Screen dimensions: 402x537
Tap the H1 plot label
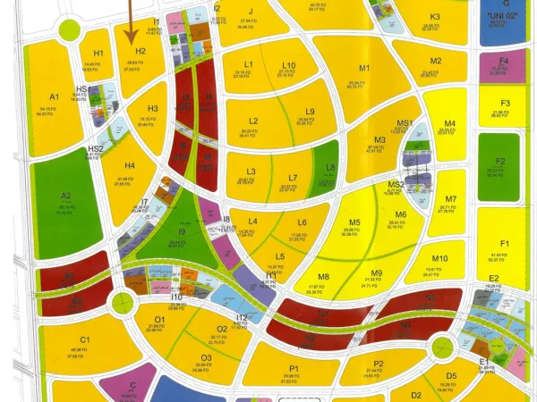(x=98, y=54)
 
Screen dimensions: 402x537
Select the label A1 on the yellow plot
(x=54, y=96)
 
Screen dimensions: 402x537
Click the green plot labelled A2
(x=65, y=196)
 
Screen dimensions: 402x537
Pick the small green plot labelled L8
(x=330, y=167)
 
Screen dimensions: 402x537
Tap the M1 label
(x=364, y=69)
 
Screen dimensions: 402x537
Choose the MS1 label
(x=404, y=122)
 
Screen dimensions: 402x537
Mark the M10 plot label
(x=439, y=259)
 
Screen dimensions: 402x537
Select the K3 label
(x=434, y=17)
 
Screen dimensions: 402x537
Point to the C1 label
(x=85, y=340)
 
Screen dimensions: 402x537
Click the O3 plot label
(x=205, y=357)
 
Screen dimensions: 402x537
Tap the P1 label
(x=294, y=367)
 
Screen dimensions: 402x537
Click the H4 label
(x=130, y=165)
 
